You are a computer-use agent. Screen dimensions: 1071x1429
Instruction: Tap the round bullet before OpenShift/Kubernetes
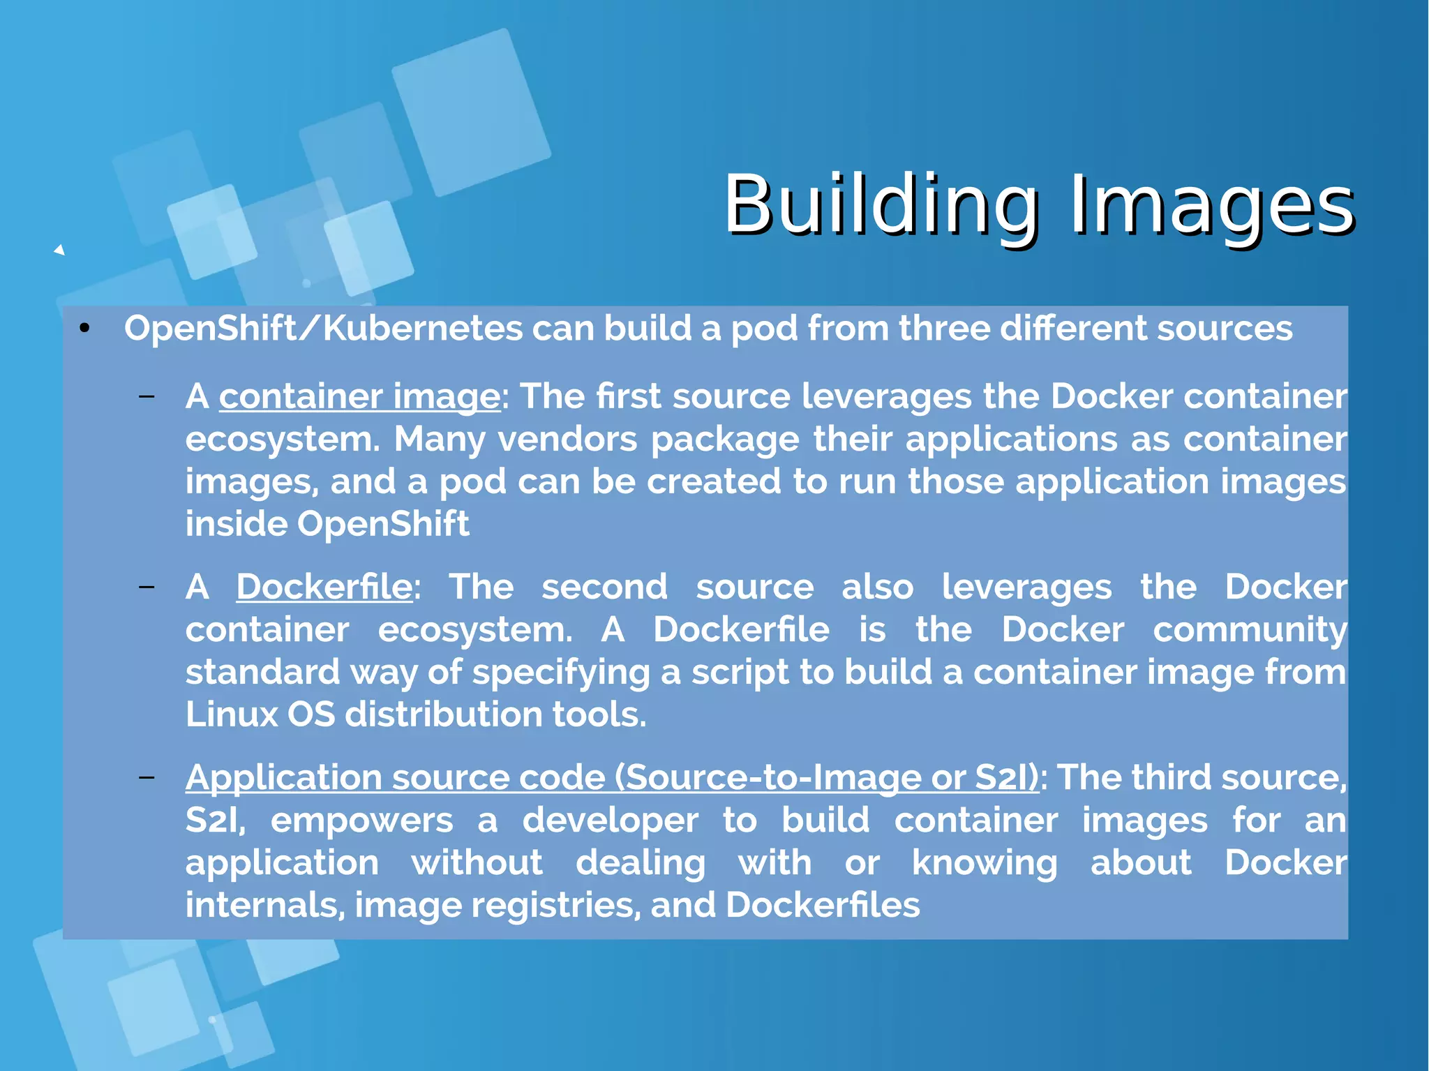[x=85, y=329]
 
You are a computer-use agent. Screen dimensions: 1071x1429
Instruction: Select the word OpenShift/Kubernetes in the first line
[x=323, y=329]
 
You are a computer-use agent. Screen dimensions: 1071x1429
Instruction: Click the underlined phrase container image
[x=359, y=396]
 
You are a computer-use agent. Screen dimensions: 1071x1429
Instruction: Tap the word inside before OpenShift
[x=235, y=524]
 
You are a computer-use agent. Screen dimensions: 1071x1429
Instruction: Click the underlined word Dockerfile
[x=324, y=587]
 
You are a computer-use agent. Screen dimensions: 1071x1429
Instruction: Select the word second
[x=604, y=587]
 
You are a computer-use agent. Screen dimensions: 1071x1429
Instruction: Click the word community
[x=1250, y=630]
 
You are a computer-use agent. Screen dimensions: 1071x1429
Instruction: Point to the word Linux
[x=232, y=714]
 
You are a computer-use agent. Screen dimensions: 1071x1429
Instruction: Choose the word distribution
[x=443, y=714]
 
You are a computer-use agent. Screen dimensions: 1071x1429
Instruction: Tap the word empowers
[x=361, y=821]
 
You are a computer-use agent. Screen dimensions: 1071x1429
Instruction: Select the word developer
[x=610, y=821]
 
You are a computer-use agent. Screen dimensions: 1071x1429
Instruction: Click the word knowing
[x=985, y=863]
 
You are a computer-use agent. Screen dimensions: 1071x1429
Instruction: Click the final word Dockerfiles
[x=823, y=906]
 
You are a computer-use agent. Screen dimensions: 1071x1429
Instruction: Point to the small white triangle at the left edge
[x=60, y=250]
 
